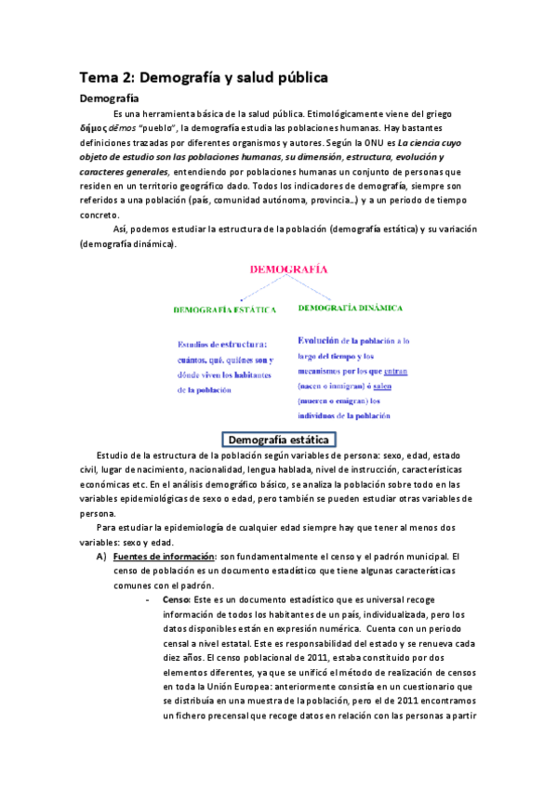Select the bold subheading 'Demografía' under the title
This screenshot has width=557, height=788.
click(x=109, y=98)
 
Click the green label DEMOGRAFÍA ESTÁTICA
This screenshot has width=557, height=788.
click(x=228, y=308)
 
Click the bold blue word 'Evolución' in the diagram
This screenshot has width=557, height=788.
click(x=324, y=340)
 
